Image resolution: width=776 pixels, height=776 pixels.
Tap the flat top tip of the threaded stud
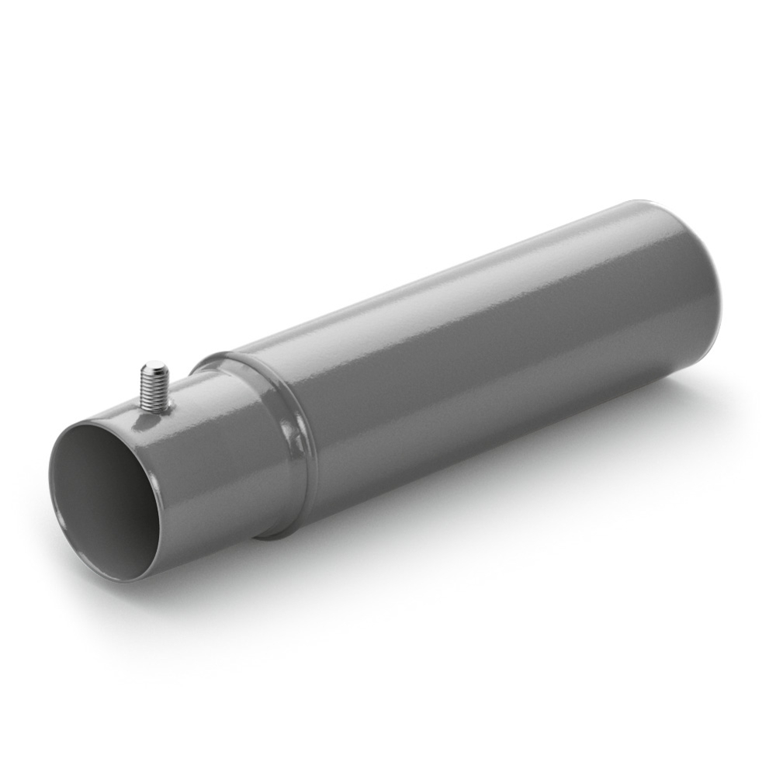155,365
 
